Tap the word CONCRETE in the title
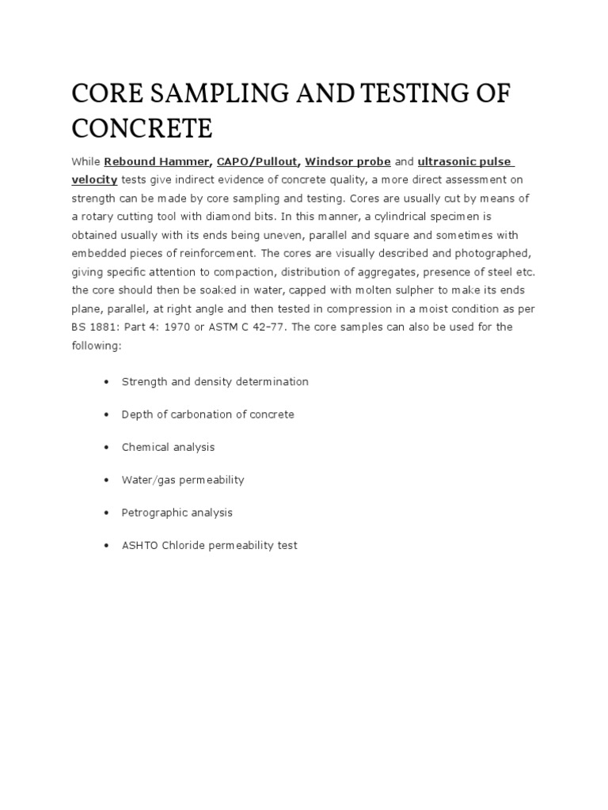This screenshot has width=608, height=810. (142, 128)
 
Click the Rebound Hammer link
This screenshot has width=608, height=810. (156, 161)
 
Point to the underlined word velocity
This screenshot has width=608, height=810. (94, 180)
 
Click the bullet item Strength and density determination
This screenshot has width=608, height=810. (215, 381)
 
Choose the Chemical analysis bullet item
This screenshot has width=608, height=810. (168, 447)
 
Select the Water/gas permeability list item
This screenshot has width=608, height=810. (182, 480)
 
